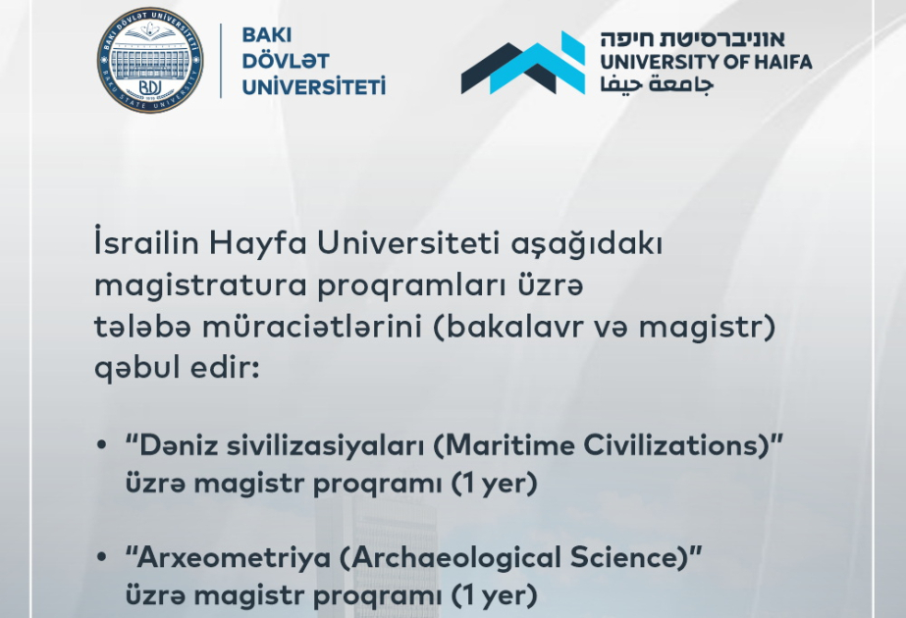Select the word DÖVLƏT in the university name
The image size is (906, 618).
pyautogui.click(x=286, y=61)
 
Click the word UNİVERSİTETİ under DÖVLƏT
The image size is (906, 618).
pyautogui.click(x=313, y=86)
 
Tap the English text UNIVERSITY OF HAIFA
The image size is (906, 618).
pyautogui.click(x=707, y=62)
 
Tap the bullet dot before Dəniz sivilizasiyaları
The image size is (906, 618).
pyautogui.click(x=102, y=445)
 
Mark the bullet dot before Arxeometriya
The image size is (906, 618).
pyautogui.click(x=102, y=558)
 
